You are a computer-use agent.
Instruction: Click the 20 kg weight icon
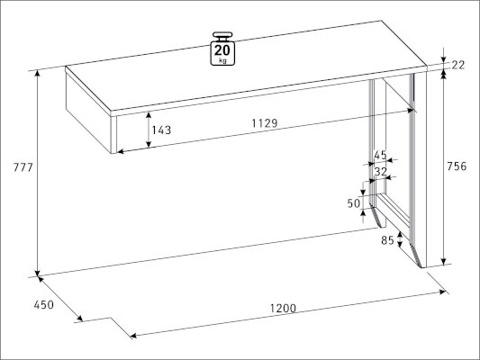tap(222, 49)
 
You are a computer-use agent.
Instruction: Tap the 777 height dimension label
tap(23, 167)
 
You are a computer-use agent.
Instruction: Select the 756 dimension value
tap(457, 166)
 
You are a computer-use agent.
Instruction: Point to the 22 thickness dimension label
tap(458, 65)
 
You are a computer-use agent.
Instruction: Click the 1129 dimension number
tap(265, 123)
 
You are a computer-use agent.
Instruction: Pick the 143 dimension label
tap(161, 130)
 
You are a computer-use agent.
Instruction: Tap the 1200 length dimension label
tap(283, 309)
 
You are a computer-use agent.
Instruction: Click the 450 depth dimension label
tap(44, 305)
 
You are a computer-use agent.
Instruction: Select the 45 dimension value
tap(380, 155)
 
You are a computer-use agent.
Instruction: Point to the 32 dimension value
tap(381, 172)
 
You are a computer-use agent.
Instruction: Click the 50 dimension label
tap(354, 203)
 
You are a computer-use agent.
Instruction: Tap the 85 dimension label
tap(387, 240)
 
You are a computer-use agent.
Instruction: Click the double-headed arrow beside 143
tap(149, 130)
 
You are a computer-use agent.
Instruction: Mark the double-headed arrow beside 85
tap(400, 238)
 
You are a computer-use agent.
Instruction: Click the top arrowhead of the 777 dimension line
tap(37, 74)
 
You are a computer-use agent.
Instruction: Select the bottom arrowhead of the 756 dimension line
tap(444, 262)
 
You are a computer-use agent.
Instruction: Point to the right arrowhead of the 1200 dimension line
tap(442, 292)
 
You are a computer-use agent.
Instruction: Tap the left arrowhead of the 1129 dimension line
tap(121, 151)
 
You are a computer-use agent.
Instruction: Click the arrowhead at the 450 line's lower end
tap(79, 319)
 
